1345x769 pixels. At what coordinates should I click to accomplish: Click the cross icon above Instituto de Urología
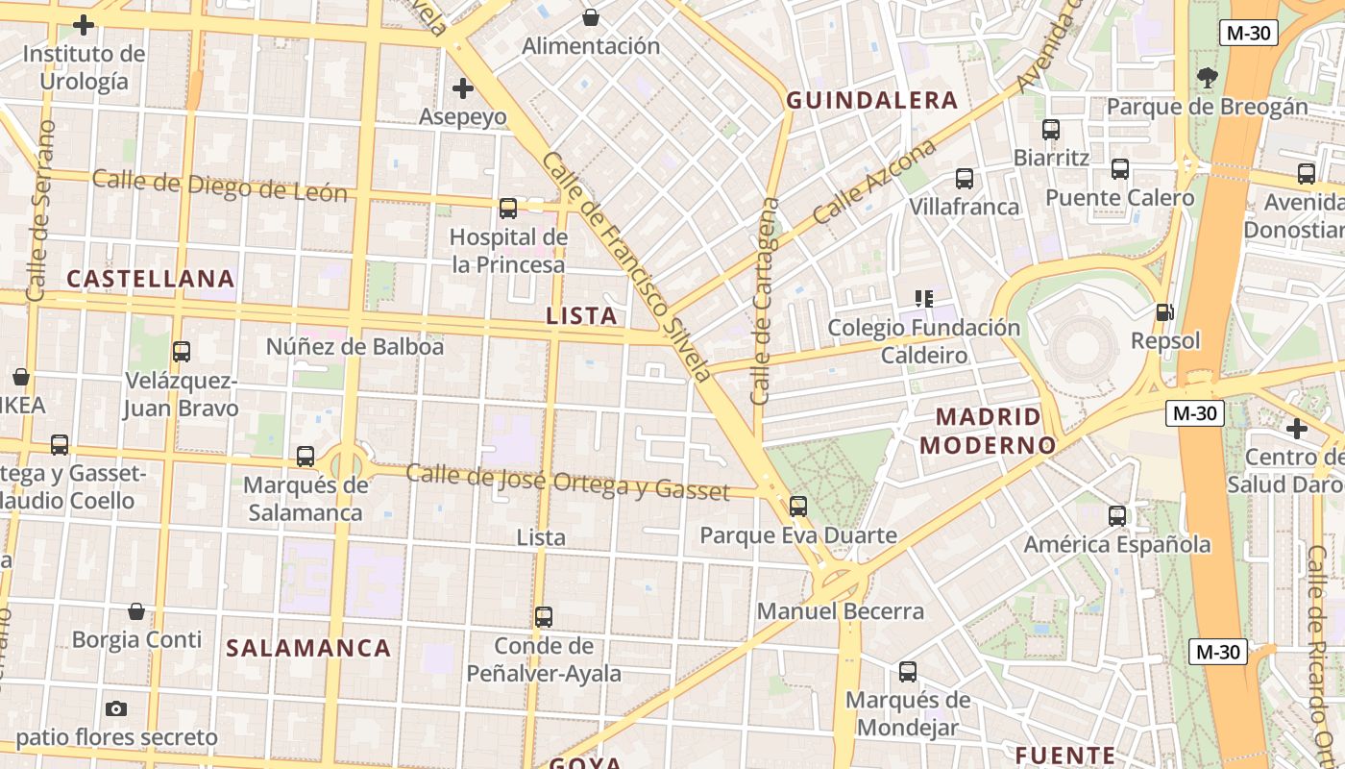pos(84,25)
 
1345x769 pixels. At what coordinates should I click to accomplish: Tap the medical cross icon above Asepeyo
pos(463,89)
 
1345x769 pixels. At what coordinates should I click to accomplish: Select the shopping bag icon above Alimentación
pos(591,17)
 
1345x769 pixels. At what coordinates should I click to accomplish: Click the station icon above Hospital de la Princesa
pos(508,208)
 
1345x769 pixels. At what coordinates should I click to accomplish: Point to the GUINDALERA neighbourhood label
pos(872,100)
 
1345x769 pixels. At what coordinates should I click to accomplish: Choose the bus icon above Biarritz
pos(1051,129)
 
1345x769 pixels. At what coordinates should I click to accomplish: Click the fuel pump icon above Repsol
pos(1164,312)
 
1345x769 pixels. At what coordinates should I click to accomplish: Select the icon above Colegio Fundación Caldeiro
pos(924,299)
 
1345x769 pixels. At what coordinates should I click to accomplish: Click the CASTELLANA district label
pos(151,279)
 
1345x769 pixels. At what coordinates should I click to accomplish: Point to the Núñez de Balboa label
pos(355,346)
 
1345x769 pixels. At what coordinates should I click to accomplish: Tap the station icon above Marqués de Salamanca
pos(306,457)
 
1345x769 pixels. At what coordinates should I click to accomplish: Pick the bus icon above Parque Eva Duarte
pos(798,507)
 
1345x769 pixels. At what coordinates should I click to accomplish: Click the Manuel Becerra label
pos(841,611)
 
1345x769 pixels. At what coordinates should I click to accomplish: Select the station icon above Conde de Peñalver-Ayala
pos(544,617)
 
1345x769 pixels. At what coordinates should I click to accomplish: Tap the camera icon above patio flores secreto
pos(116,709)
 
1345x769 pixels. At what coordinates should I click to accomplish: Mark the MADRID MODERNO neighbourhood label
pos(988,431)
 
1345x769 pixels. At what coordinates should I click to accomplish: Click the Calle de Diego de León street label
pos(220,186)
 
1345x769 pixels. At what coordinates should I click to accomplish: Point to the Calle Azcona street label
pos(873,183)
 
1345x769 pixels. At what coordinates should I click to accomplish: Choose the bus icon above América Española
pos(1117,516)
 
